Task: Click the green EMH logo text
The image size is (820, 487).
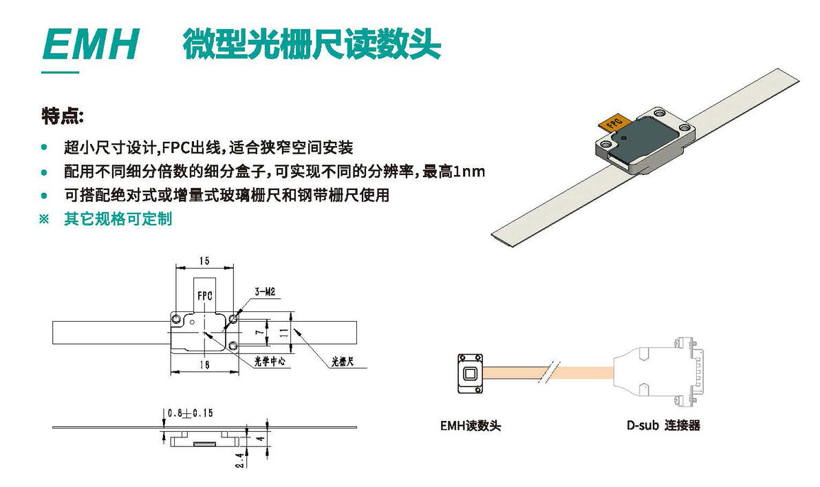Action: (x=90, y=45)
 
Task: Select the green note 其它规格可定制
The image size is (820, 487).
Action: (x=118, y=219)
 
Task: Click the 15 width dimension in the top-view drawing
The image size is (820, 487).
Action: (x=204, y=260)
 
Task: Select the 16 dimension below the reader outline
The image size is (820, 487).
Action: (x=204, y=366)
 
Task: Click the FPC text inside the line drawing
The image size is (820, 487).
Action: (x=204, y=295)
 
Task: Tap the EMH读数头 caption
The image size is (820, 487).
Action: (x=471, y=426)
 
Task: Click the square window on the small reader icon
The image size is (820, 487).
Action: (x=471, y=374)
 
